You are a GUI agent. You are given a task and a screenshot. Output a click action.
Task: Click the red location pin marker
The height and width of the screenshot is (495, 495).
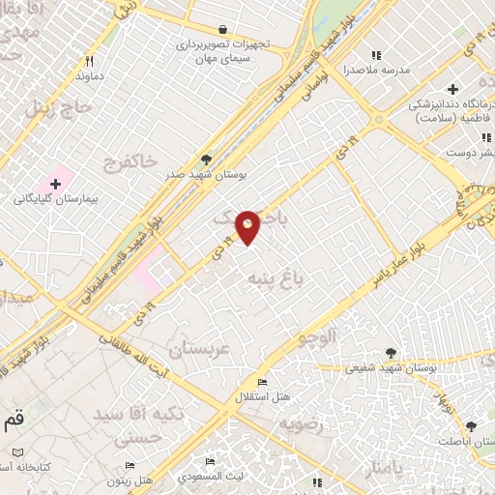coord(248,227)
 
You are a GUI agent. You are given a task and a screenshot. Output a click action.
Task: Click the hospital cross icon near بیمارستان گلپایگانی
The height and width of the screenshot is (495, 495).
coord(55,183)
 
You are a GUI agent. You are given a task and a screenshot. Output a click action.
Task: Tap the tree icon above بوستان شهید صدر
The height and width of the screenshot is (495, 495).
coord(205,160)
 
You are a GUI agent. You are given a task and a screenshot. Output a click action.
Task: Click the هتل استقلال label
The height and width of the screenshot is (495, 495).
coord(262,397)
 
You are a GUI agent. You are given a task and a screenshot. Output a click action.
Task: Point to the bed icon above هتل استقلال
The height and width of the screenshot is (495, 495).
coord(261,383)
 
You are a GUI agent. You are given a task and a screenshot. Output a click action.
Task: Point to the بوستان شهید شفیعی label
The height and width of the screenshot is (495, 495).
coord(391,367)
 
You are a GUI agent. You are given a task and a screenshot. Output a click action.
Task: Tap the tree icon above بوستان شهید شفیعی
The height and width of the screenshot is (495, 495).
coord(391,353)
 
